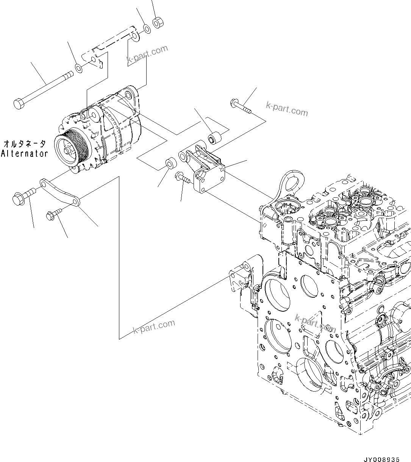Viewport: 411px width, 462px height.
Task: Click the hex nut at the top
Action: coord(157,23)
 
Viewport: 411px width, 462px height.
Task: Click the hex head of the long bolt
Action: coord(19,103)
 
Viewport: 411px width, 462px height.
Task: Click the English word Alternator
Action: coord(25,153)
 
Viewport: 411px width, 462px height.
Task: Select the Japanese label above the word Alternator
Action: coord(25,144)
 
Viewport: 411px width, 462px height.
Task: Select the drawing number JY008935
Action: coord(381,459)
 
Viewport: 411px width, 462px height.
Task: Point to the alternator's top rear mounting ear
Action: coord(129,93)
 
